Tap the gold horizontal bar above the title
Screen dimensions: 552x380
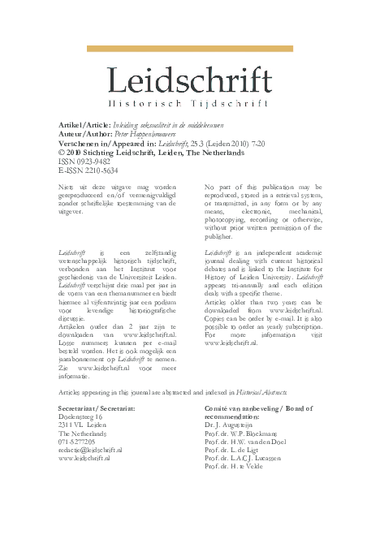(x=189, y=49)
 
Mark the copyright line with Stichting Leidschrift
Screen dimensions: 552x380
(x=151, y=151)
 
